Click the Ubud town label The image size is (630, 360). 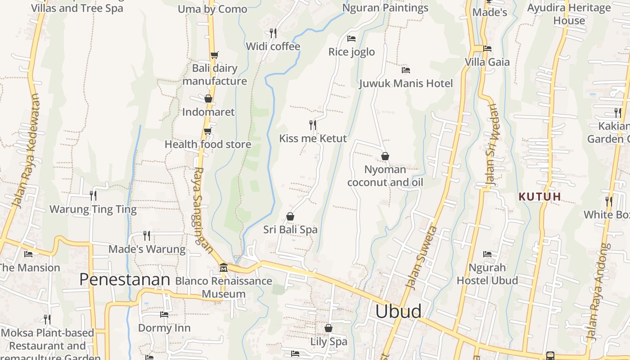[x=398, y=311]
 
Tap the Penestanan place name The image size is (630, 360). [x=125, y=279]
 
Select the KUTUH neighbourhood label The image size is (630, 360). [x=540, y=197]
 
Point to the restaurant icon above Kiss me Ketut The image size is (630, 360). [x=313, y=125]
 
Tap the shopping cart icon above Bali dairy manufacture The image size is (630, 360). [x=214, y=55]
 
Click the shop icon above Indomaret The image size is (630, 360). [x=208, y=99]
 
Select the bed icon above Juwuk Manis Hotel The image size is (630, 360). [x=405, y=70]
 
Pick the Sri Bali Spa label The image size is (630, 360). [x=290, y=229]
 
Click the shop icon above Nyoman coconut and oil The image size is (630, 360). [x=385, y=156]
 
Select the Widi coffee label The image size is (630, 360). [x=273, y=46]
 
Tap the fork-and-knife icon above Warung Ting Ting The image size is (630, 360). [x=93, y=195]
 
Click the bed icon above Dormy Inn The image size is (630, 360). [x=164, y=315]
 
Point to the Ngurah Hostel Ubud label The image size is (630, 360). [x=487, y=274]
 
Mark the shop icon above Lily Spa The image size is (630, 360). [x=328, y=328]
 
